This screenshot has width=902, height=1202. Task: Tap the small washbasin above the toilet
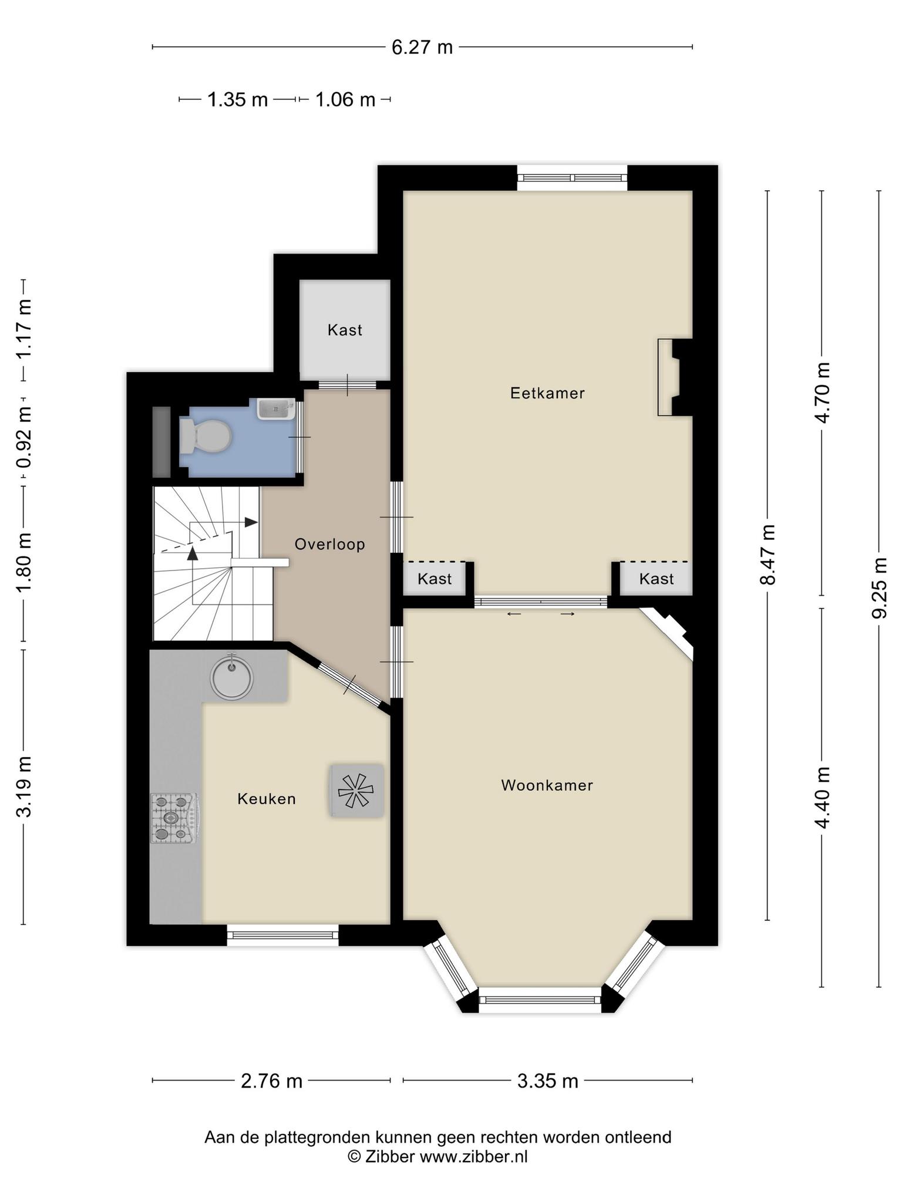click(x=276, y=408)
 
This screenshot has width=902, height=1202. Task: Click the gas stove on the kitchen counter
click(x=175, y=818)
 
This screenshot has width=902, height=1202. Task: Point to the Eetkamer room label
click(x=547, y=393)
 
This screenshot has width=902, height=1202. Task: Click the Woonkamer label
click(x=547, y=785)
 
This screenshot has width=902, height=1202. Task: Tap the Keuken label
click(x=267, y=799)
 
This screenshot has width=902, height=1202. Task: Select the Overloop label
click(x=330, y=545)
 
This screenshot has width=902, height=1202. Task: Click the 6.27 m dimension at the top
click(x=422, y=47)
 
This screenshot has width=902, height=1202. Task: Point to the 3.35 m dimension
click(x=547, y=1081)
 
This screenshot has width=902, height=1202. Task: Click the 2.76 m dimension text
click(x=271, y=1081)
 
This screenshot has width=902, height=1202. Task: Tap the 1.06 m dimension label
click(x=345, y=100)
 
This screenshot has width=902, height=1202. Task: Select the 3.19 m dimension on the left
click(x=24, y=787)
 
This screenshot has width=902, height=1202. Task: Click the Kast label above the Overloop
click(x=345, y=330)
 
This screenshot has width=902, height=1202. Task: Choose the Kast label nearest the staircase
click(x=435, y=579)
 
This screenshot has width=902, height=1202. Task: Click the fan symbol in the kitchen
click(x=356, y=790)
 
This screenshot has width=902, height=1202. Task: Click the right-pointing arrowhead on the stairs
click(x=251, y=522)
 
